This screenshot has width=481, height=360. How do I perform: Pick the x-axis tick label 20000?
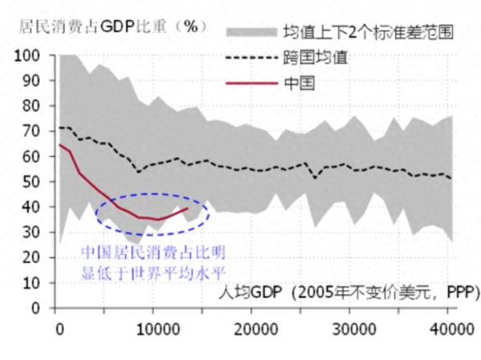coord(254,328)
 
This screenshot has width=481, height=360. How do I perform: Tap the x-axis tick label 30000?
coord(352,328)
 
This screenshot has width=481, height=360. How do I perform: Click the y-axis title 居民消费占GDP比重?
coord(111,25)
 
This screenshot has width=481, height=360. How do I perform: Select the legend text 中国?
coord(297,81)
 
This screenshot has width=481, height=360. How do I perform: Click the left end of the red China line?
coord(59,145)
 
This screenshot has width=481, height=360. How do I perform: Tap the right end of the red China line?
coord(188,208)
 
